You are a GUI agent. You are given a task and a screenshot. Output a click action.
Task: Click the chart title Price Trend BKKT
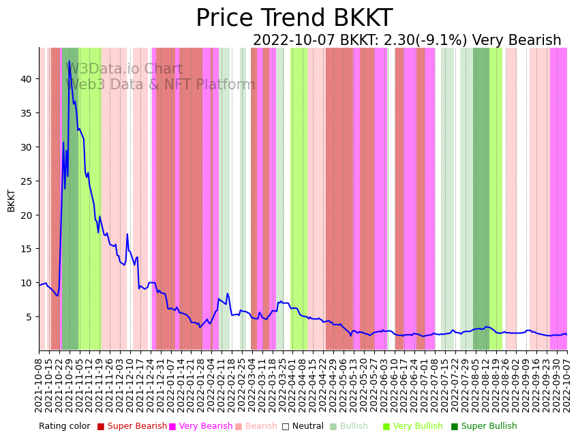[294, 18]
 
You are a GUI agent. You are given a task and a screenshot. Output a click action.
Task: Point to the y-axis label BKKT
[12, 200]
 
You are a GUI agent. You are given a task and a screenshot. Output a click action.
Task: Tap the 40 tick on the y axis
[26, 79]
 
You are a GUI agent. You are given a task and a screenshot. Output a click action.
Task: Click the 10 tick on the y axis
[26, 283]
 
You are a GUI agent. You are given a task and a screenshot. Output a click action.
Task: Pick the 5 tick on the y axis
[29, 317]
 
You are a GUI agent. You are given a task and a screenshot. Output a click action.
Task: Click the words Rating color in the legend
[64, 427]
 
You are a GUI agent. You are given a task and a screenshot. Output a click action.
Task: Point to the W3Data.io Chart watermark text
[125, 70]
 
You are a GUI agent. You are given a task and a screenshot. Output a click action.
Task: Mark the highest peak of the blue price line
[69, 61]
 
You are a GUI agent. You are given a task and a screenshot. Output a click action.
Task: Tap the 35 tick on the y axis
[26, 113]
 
